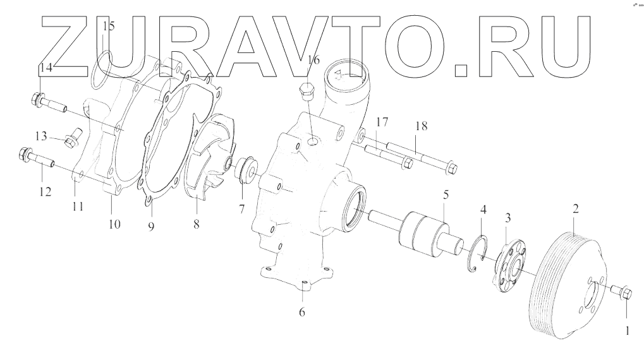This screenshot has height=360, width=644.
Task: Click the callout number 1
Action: coord(628,330)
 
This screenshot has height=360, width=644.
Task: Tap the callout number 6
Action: coord(301,312)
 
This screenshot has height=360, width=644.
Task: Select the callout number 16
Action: coord(313,60)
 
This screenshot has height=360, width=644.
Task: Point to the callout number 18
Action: coord(421,126)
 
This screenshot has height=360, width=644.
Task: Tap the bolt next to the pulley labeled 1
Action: coord(622,291)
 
